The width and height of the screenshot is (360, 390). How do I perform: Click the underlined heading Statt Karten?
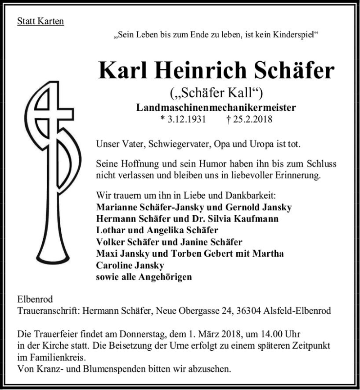[x=40, y=21]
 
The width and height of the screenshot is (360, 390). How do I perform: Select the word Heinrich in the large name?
[x=197, y=70]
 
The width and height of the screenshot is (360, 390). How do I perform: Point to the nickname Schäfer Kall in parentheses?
[x=216, y=94]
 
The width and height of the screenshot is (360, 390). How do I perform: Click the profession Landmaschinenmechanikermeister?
[x=216, y=108]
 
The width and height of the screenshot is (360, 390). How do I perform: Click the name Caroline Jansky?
[x=130, y=265]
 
